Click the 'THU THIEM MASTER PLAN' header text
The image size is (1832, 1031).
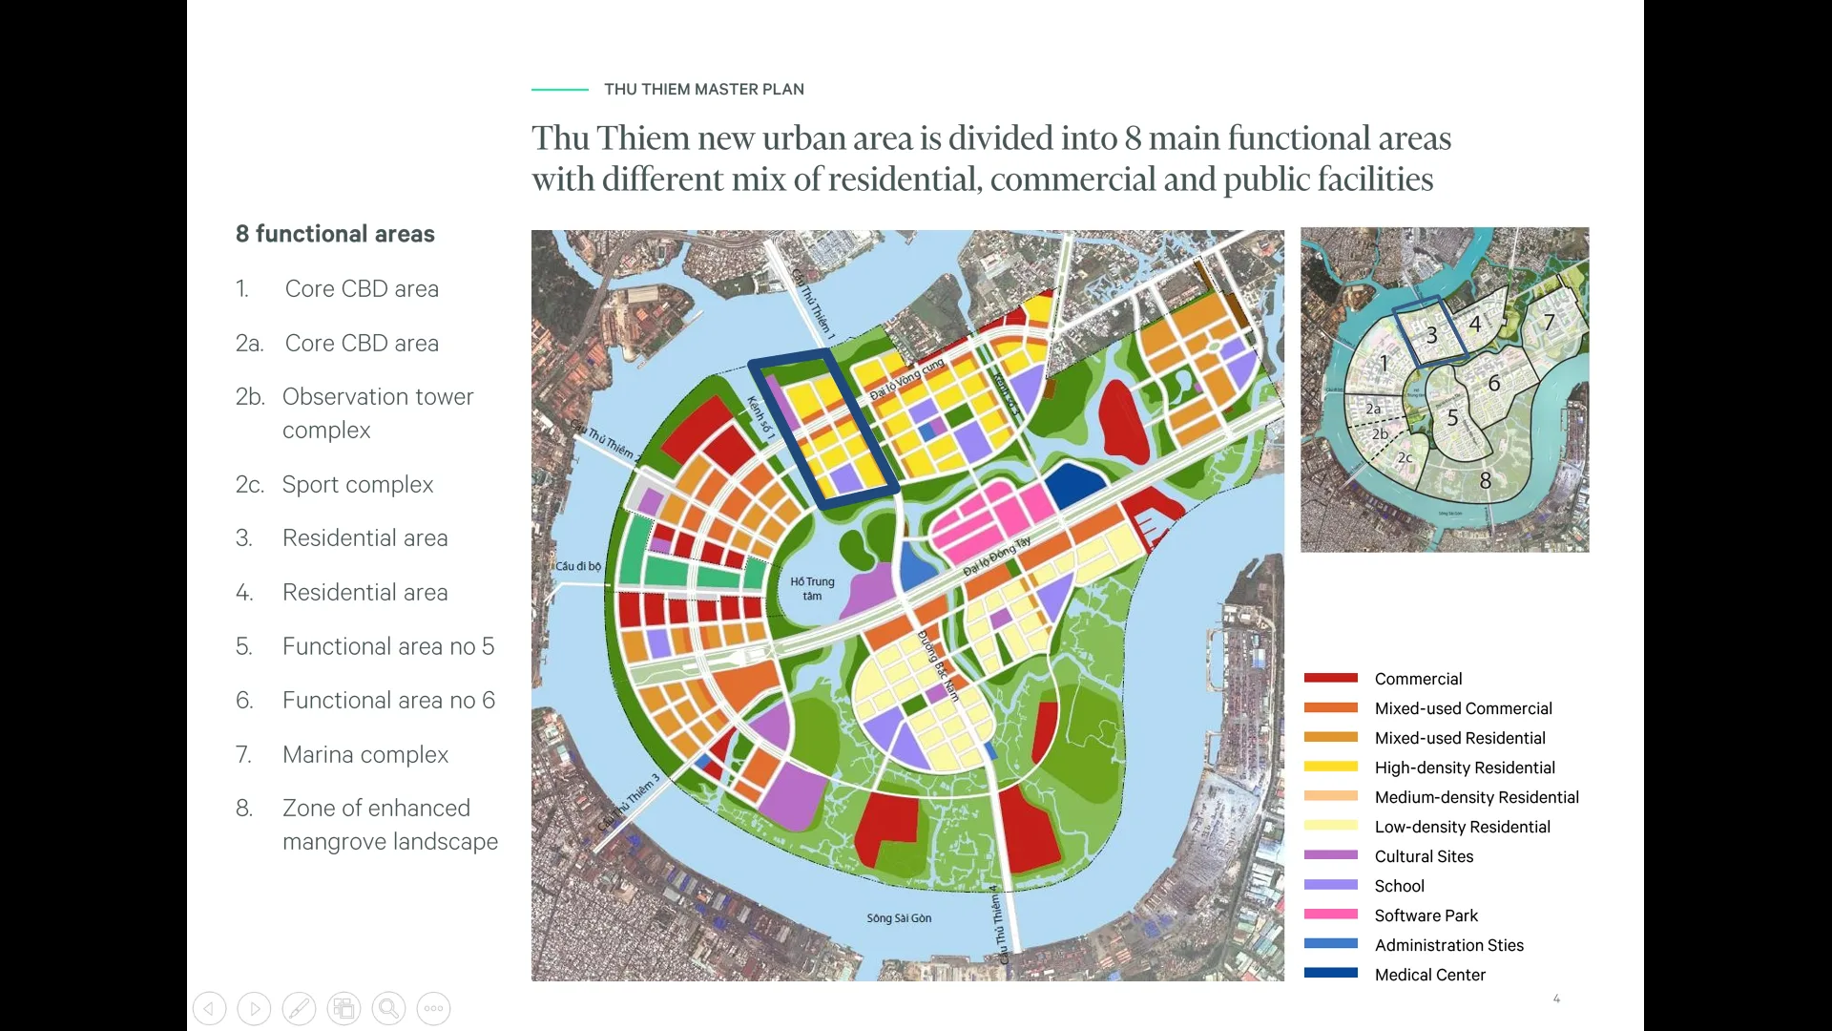coord(703,89)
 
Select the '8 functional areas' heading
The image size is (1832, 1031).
coord(335,234)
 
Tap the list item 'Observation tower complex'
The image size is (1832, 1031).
coord(377,412)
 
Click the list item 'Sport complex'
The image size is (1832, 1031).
coord(357,484)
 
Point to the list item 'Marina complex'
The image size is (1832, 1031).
coord(364,754)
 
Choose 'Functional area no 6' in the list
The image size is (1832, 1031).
coord(388,700)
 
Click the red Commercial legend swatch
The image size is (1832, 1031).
coord(1330,678)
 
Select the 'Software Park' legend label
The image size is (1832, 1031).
coord(1426,915)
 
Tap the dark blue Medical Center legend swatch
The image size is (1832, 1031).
coord(1330,973)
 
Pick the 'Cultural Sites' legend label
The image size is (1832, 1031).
coord(1424,856)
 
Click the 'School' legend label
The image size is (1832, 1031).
coord(1399,886)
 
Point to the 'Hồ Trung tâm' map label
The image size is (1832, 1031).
coord(812,588)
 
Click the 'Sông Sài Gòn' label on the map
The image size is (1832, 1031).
coord(899,918)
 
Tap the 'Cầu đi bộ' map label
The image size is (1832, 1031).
coord(578,566)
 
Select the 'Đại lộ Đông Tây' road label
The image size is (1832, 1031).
coord(996,557)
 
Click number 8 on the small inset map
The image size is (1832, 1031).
coord(1485,481)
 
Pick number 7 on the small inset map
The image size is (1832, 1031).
coord(1549,323)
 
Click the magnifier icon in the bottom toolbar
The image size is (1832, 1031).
coord(388,1008)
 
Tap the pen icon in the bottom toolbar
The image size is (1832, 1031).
coord(299,1008)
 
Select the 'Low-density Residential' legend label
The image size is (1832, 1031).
coord(1462,827)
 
